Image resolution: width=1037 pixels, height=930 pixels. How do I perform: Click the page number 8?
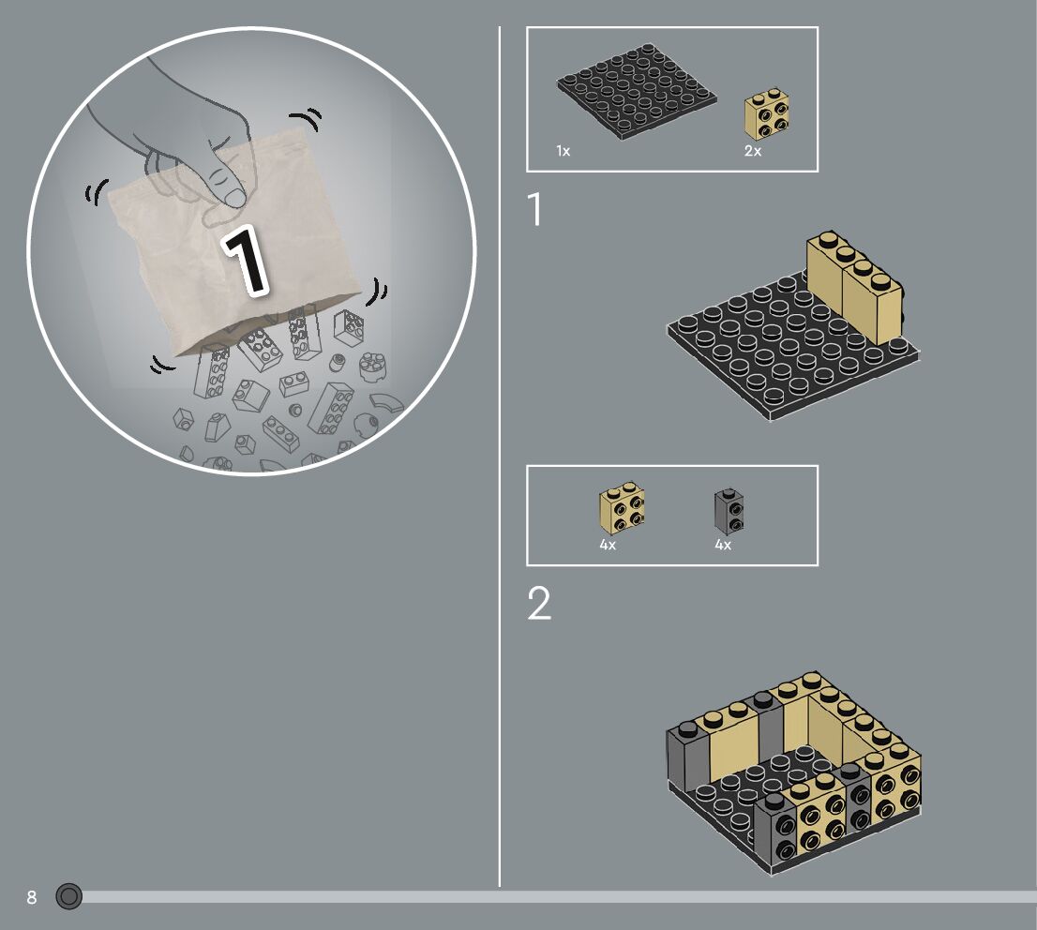click(32, 897)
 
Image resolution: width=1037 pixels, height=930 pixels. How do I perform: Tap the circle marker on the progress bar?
click(68, 896)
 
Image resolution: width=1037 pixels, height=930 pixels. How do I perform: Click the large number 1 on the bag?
click(246, 260)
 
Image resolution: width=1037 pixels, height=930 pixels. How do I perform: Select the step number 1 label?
click(535, 209)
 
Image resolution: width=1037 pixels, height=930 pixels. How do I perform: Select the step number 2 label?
click(539, 603)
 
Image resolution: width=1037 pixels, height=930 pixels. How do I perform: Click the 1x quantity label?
click(563, 151)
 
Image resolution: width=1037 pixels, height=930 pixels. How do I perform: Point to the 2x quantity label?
click(753, 151)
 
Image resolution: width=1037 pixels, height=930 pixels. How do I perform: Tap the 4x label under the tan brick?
click(608, 545)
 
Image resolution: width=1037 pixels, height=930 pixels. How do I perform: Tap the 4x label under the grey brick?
click(723, 545)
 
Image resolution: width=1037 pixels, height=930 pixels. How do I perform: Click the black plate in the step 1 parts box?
click(637, 91)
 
